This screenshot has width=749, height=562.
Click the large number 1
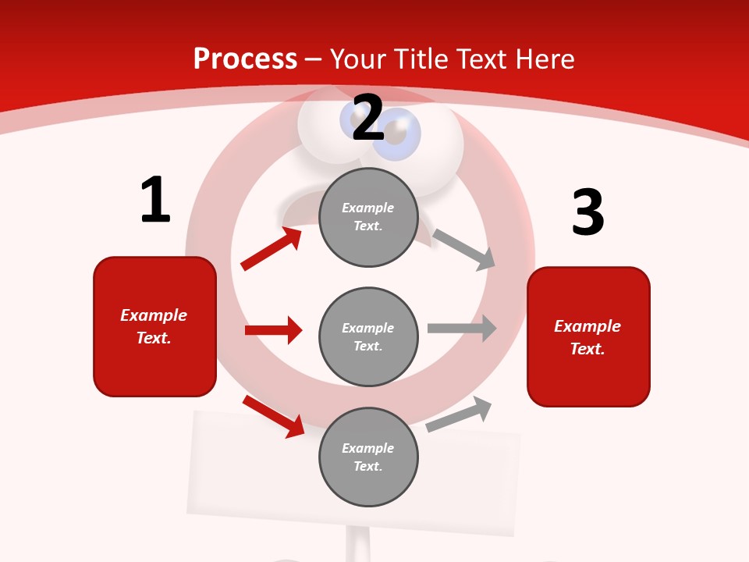(x=155, y=200)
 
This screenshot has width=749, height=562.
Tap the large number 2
(x=368, y=119)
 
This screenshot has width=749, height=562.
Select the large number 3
(x=587, y=212)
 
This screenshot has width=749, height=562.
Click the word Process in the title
(x=245, y=59)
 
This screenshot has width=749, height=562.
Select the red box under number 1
(x=154, y=326)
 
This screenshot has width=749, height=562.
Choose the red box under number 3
(x=588, y=337)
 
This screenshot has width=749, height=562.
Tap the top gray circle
(x=368, y=217)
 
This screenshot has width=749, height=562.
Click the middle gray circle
(x=368, y=336)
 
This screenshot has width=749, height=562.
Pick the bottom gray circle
(x=368, y=457)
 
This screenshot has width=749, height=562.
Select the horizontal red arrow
(x=273, y=330)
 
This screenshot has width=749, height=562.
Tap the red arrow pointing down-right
(x=274, y=416)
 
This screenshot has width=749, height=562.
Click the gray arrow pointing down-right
(x=464, y=250)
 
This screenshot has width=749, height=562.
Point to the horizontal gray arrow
(x=462, y=328)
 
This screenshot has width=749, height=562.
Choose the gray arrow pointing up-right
(x=459, y=414)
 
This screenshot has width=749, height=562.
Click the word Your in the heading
(x=356, y=59)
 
